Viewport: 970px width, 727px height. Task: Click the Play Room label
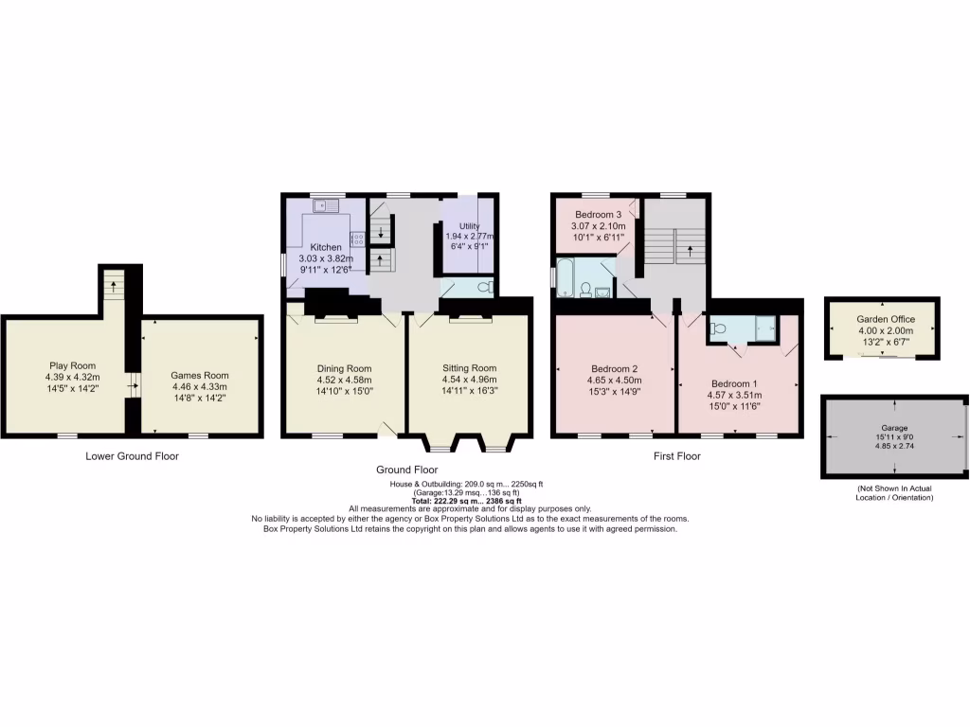[72, 365]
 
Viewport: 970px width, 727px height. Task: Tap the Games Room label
[200, 375]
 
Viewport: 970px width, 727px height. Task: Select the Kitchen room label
[325, 246]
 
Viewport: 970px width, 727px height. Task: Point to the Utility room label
[471, 223]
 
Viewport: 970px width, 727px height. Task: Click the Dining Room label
[345, 368]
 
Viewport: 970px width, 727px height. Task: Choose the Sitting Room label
[469, 368]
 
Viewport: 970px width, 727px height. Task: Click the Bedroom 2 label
[614, 368]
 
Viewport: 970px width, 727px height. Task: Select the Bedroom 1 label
[736, 383]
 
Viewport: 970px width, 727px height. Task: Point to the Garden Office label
[878, 320]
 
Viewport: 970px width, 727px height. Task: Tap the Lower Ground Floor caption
[132, 456]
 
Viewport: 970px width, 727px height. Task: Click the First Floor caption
[676, 456]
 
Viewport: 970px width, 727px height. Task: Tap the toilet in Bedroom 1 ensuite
[718, 328]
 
